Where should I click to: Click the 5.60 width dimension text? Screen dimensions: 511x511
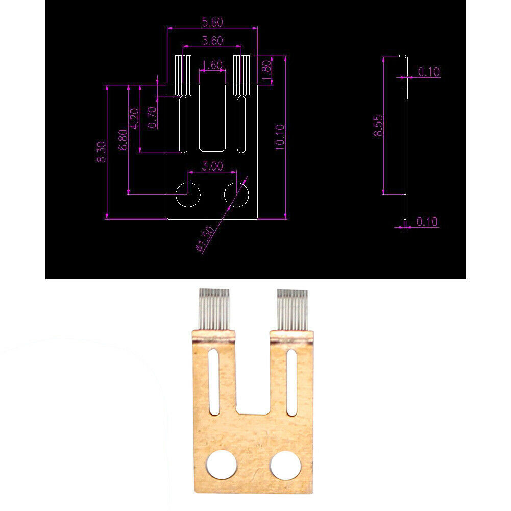tap(212, 22)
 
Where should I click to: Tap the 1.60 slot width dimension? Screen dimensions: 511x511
tap(212, 65)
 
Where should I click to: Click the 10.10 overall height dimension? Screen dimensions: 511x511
tap(279, 137)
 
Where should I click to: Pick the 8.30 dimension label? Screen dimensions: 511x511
tap(102, 152)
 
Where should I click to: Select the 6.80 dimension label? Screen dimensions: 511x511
tap(123, 139)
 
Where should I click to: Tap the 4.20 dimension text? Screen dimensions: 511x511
tap(135, 119)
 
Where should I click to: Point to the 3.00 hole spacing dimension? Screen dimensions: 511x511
tap(212, 166)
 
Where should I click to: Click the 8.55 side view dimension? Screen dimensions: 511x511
tap(378, 126)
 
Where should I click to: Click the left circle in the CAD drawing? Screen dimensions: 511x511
tap(188, 194)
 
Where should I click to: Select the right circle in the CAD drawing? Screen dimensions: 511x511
tap(236, 194)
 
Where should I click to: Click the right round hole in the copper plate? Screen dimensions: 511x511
tap(286, 465)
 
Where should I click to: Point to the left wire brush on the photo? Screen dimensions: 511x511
tap(213, 309)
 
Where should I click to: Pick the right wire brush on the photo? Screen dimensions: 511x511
tap(293, 309)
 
